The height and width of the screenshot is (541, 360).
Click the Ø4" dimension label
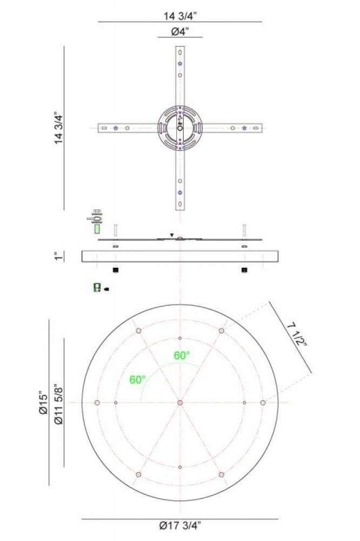[x=180, y=31]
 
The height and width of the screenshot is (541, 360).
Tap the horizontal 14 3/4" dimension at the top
[x=180, y=16]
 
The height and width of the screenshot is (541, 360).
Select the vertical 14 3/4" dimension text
[x=59, y=128]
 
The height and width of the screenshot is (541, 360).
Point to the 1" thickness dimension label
[x=59, y=256]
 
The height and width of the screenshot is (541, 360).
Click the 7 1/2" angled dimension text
[x=297, y=334]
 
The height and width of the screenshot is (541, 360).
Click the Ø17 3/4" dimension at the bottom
[x=179, y=525]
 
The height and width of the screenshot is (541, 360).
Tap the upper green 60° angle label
[x=182, y=355]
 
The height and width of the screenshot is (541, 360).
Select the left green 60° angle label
[x=138, y=380]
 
